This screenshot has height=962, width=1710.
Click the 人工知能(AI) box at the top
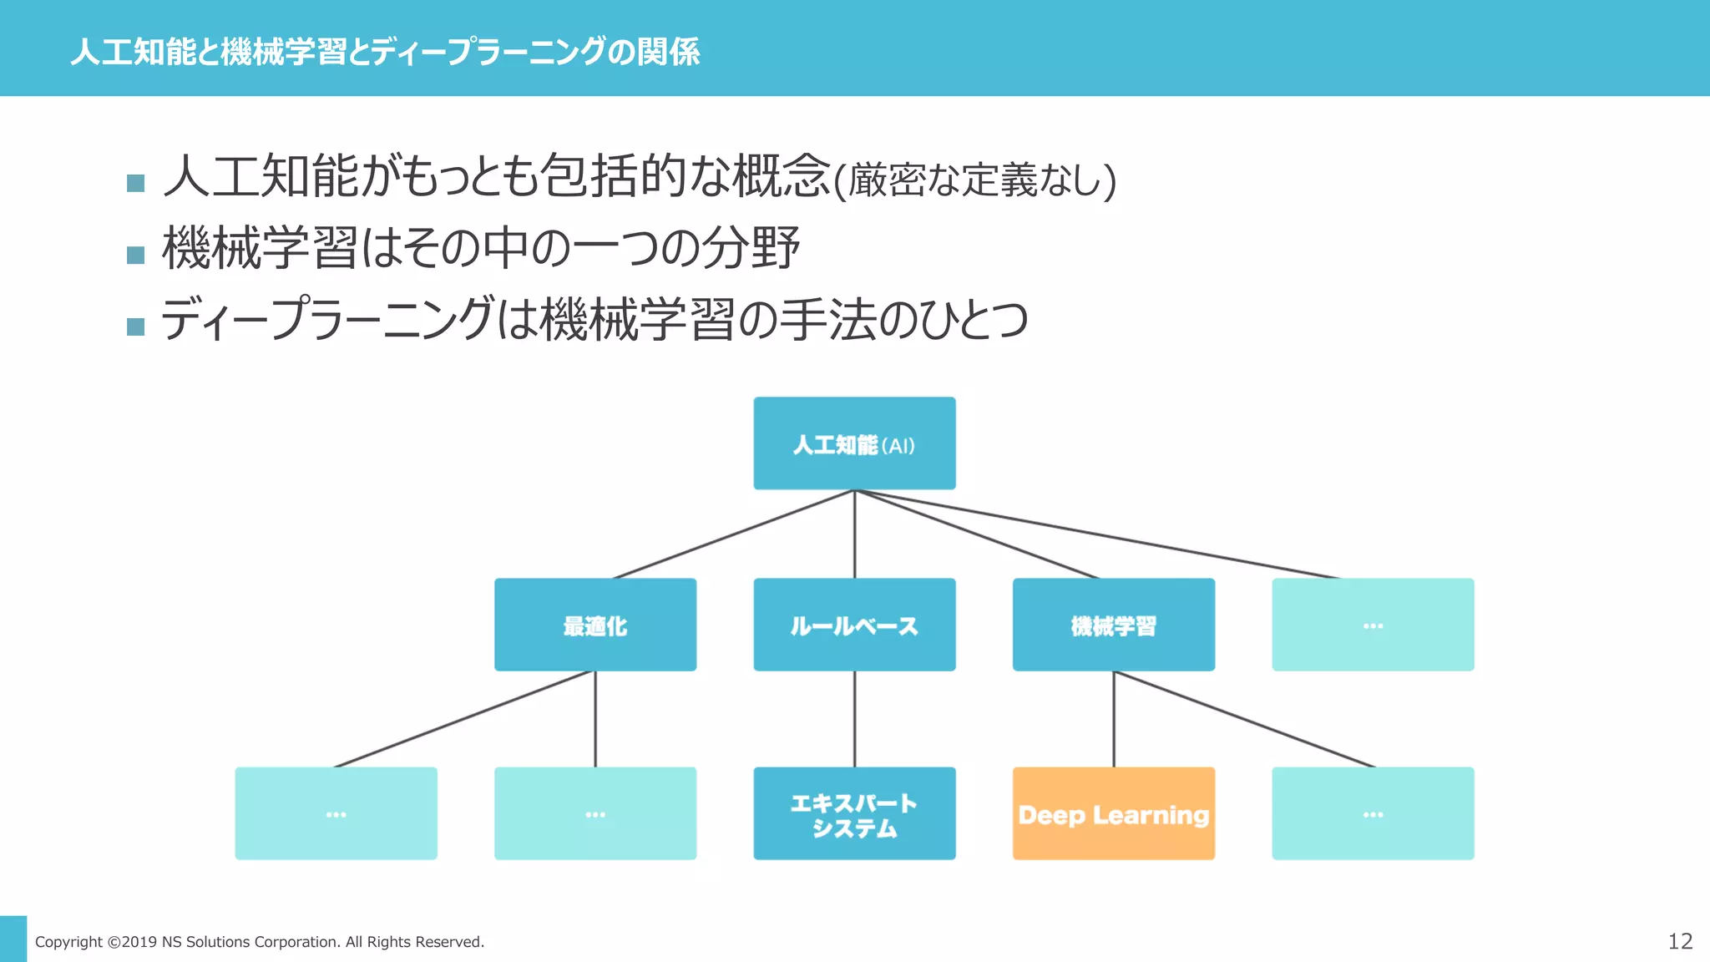pyautogui.click(x=854, y=443)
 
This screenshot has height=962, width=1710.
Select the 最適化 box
pyautogui.click(x=595, y=625)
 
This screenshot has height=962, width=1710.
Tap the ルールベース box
pyautogui.click(x=854, y=625)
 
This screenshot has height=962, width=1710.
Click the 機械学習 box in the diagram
pyautogui.click(x=1113, y=625)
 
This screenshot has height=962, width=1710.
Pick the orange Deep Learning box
pyautogui.click(x=1113, y=813)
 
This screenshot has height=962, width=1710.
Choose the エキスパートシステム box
pyautogui.click(x=854, y=813)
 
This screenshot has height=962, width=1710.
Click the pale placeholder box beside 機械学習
pyautogui.click(x=1373, y=625)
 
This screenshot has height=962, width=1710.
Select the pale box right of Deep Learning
pyautogui.click(x=1373, y=813)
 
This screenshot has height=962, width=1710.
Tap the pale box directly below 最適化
pyautogui.click(x=595, y=813)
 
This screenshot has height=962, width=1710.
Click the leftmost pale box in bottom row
pyautogui.click(x=336, y=813)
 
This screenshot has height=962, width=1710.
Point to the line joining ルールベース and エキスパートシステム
pyautogui.click(x=854, y=718)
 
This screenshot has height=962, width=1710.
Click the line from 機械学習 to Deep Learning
pyautogui.click(x=1113, y=718)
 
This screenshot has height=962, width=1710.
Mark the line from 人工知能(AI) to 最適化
pyautogui.click(x=735, y=534)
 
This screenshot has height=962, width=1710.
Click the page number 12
pyautogui.click(x=1680, y=941)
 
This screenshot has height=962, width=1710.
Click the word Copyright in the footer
pyautogui.click(x=68, y=942)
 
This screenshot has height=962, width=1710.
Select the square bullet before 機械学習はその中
pyautogui.click(x=135, y=255)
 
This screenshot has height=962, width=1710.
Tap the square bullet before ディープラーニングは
pyautogui.click(x=135, y=327)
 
